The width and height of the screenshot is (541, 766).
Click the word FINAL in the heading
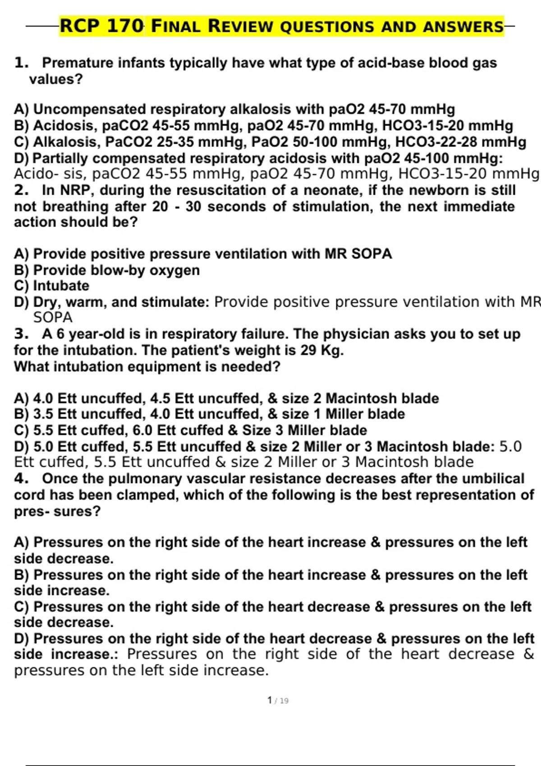pyautogui.click(x=176, y=26)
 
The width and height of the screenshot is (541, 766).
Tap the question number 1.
pyautogui.click(x=21, y=63)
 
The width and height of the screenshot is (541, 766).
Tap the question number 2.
pyautogui.click(x=21, y=190)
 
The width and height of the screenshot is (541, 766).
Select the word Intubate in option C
pyautogui.click(x=61, y=286)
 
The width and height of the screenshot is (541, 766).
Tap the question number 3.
pyautogui.click(x=21, y=334)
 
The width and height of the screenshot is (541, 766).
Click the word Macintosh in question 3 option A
pyautogui.click(x=361, y=398)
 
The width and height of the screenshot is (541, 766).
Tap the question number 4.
pyautogui.click(x=21, y=479)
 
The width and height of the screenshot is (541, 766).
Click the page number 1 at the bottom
pyautogui.click(x=270, y=700)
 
